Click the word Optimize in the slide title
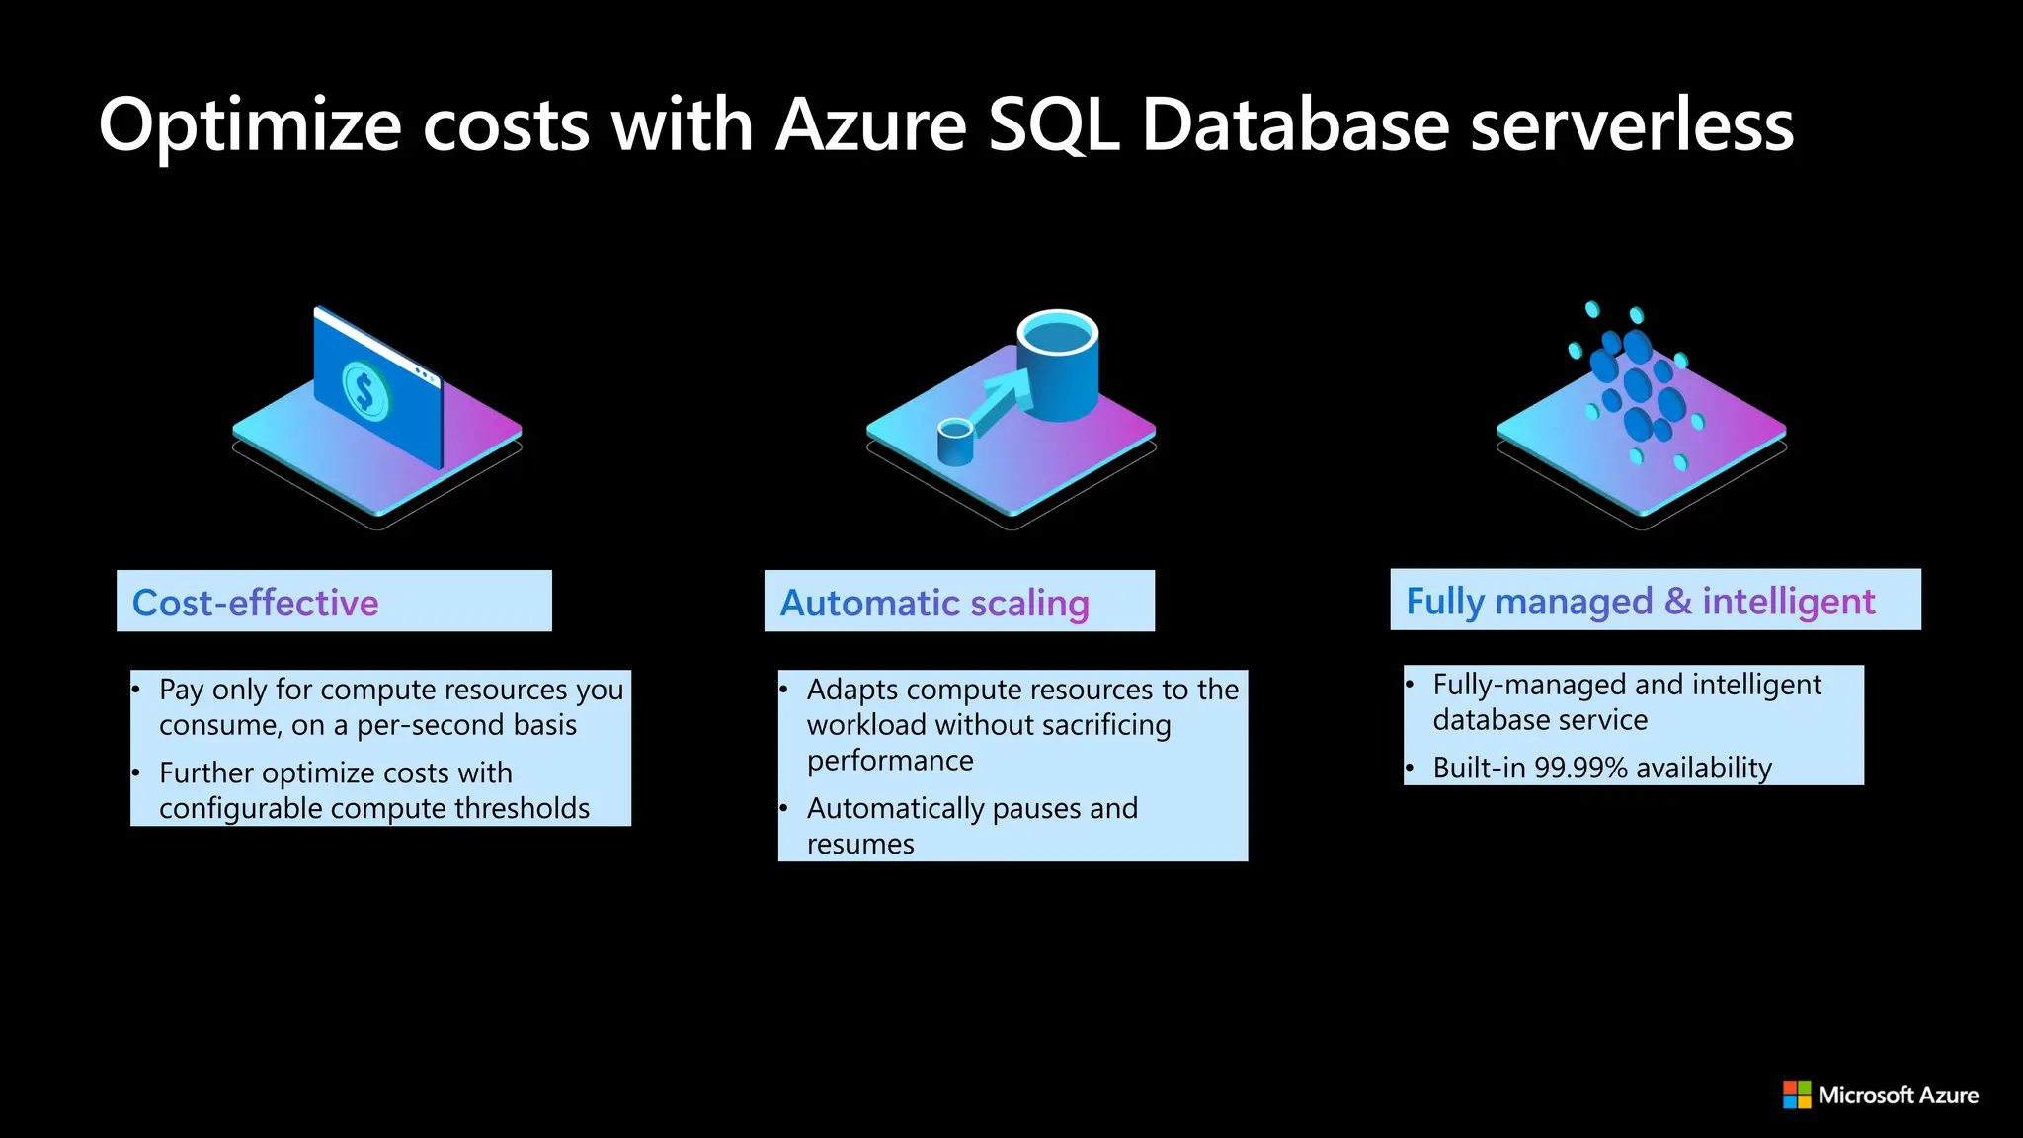point(249,126)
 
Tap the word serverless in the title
point(1631,126)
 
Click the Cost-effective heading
point(256,603)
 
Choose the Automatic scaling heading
point(934,603)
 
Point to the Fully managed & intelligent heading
point(1640,601)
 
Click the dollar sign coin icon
point(364,390)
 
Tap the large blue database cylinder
point(1057,366)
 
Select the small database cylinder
point(955,442)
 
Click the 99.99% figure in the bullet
point(1580,768)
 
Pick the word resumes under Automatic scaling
point(860,844)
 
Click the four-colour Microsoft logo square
point(1796,1095)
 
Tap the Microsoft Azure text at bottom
point(1898,1095)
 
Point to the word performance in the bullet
point(890,761)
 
